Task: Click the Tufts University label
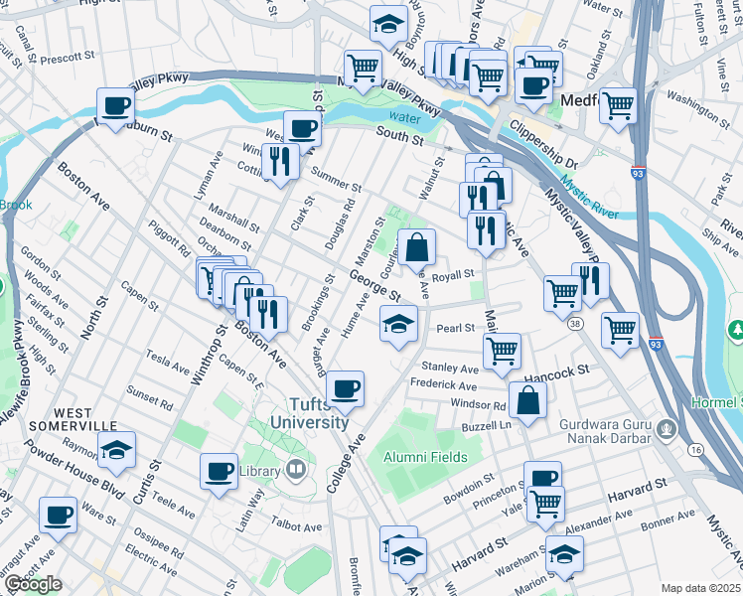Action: click(x=305, y=412)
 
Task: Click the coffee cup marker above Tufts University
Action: click(x=345, y=388)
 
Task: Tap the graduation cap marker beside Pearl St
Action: click(x=398, y=324)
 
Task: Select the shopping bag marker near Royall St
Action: click(x=417, y=246)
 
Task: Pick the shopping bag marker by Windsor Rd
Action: click(x=526, y=400)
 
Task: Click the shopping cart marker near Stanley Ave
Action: click(x=502, y=350)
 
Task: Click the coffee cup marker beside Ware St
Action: click(x=58, y=515)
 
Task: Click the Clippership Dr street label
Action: click(x=543, y=147)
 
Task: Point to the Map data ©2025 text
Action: click(x=699, y=588)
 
